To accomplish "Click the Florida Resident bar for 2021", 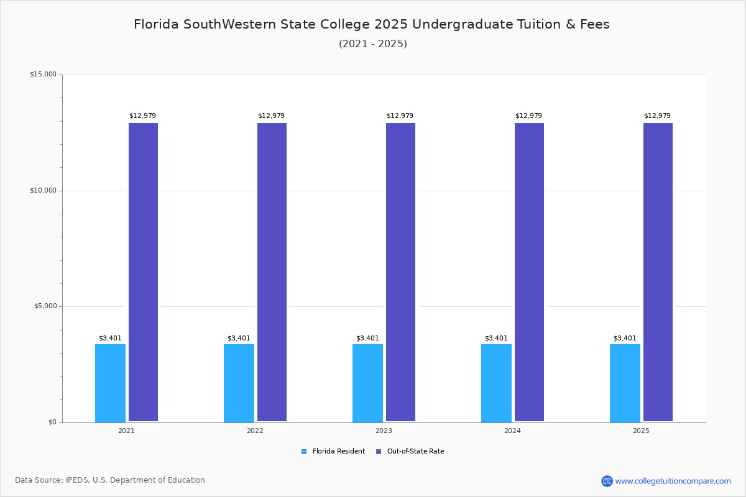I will click(110, 383).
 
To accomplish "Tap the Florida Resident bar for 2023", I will click(367, 383).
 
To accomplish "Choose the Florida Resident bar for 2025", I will click(625, 383).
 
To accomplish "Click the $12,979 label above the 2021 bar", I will click(142, 116).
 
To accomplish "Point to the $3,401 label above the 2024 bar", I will click(496, 339).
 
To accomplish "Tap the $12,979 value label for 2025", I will click(657, 116).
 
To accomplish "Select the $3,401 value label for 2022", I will click(239, 339).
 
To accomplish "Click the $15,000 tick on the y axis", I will click(43, 75).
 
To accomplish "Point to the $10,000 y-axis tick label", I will click(43, 191).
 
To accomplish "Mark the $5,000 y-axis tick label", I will click(44, 306).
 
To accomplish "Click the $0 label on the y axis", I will click(52, 422).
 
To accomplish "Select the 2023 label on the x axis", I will click(384, 431).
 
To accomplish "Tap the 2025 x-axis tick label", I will click(641, 431).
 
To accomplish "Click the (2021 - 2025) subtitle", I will click(373, 44).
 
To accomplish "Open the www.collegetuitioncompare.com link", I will click(673, 481).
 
